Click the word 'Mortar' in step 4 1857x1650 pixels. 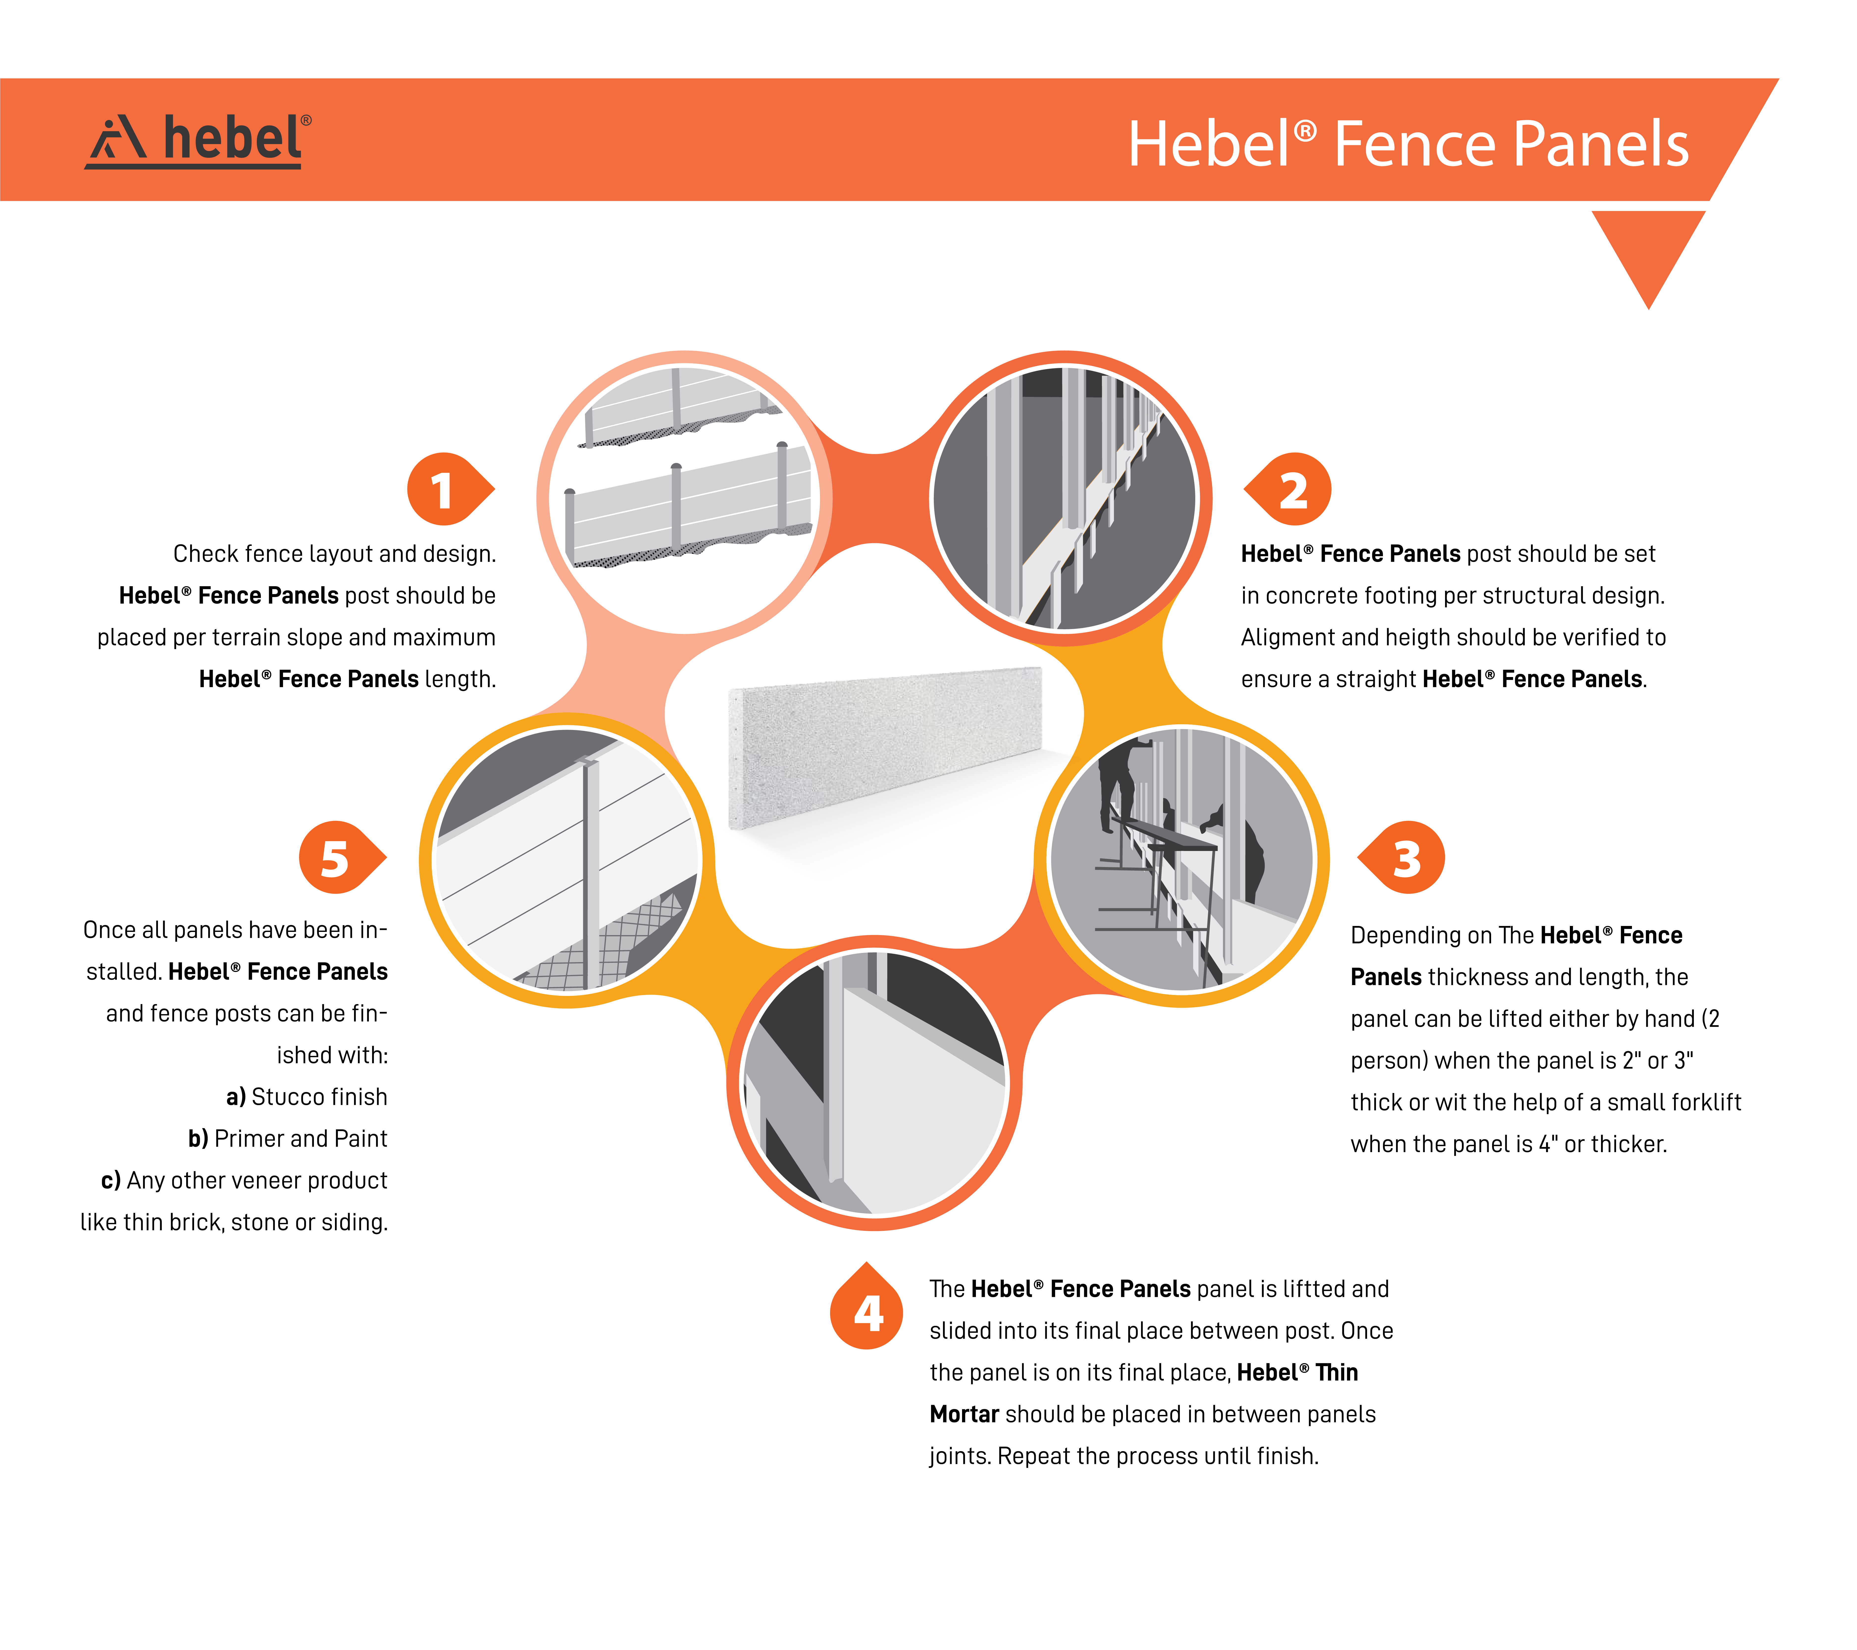(964, 1415)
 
